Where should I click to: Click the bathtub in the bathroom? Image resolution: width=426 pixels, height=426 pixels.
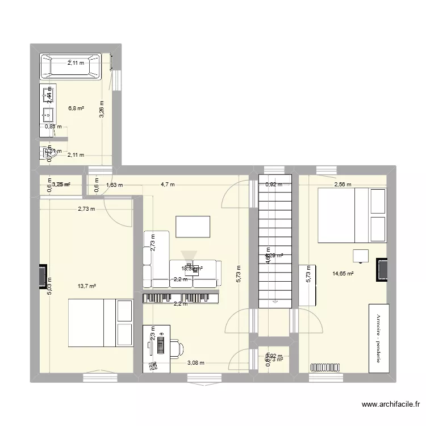[x=70, y=66]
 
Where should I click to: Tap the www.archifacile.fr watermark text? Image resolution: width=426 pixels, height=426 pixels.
[x=391, y=405]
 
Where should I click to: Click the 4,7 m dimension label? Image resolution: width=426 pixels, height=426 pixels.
[x=168, y=185]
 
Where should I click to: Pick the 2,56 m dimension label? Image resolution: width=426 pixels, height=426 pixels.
[x=343, y=185]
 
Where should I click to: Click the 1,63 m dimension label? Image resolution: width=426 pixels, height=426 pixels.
[x=115, y=185]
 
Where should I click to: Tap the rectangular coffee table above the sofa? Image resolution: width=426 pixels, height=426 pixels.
[x=193, y=226]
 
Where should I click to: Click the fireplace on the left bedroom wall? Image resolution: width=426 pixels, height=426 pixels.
[x=42, y=275]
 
